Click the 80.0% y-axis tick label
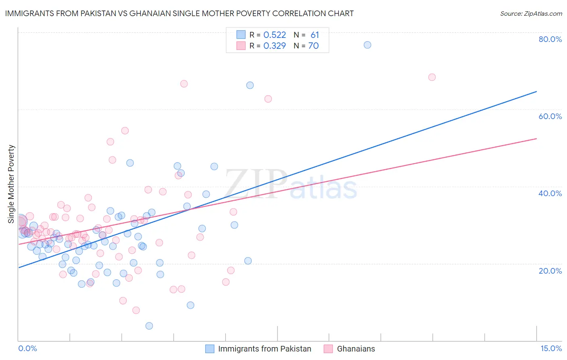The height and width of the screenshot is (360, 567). tap(550, 39)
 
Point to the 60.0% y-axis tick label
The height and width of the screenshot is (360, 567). tap(550, 116)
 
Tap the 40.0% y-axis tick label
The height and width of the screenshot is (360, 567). tap(550, 193)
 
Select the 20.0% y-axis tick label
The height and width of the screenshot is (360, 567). tap(550, 271)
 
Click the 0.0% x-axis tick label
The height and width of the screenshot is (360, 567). tap(27, 348)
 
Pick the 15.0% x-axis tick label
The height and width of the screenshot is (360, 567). tap(551, 348)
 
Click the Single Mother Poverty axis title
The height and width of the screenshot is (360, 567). tap(11, 184)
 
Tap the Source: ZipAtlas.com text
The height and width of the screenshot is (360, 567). tap(531, 13)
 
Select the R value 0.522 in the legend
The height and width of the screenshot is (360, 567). tap(275, 35)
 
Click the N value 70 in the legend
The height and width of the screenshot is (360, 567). tap(313, 46)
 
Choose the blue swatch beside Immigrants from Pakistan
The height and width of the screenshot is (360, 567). tap(210, 349)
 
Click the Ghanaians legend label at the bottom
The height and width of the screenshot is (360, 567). tap(356, 349)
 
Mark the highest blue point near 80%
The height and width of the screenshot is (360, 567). tap(367, 45)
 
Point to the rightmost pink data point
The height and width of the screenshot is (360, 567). tap(432, 77)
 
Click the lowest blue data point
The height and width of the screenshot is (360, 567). tap(149, 326)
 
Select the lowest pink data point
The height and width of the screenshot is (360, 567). tap(136, 310)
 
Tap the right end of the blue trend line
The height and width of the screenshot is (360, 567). tap(536, 92)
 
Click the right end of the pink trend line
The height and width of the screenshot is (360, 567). tap(536, 138)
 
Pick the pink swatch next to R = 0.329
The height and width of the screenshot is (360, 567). tap(241, 46)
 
